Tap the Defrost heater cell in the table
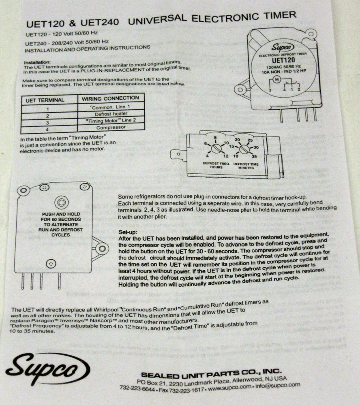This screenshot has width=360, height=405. coord(110,115)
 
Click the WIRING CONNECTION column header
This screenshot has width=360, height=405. coord(110,98)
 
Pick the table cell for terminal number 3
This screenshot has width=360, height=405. coord(47,122)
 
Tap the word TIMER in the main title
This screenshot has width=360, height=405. coord(276,17)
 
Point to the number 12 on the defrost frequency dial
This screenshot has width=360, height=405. coord(226,156)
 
